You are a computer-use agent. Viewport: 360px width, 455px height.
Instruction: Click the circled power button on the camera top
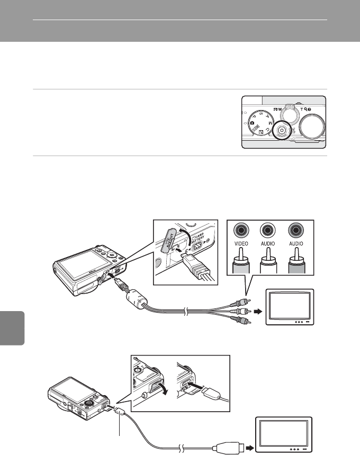pyautogui.click(x=282, y=130)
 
